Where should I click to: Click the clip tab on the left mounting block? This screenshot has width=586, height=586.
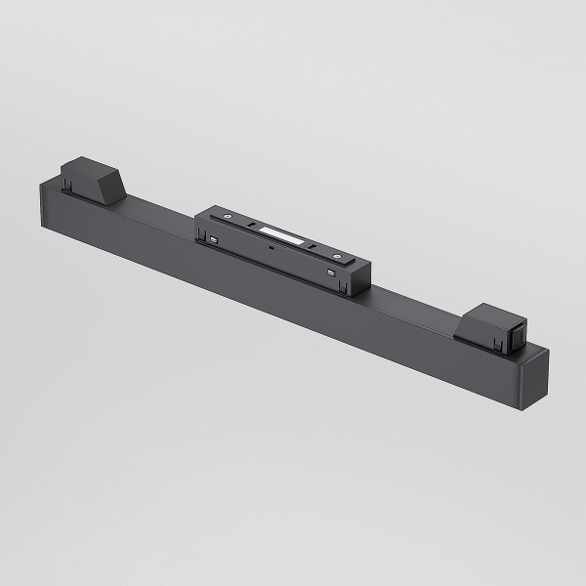71,183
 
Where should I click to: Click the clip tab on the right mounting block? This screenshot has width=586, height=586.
498,341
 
